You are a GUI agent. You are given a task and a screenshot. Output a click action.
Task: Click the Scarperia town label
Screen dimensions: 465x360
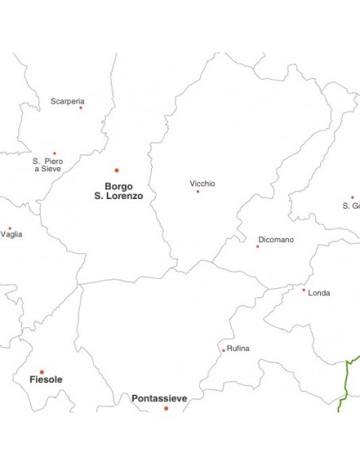pos(67,101)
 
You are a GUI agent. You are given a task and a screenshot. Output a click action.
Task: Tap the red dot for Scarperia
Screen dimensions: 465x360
pos(80,107)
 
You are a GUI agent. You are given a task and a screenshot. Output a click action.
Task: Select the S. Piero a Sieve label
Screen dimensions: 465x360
pos(48,165)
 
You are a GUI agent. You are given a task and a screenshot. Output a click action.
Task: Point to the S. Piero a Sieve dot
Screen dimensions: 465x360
pos(55,154)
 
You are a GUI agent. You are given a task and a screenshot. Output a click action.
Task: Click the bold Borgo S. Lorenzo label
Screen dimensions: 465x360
pos(119,191)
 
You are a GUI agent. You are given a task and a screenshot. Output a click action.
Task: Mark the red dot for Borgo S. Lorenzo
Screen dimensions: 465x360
pos(116,170)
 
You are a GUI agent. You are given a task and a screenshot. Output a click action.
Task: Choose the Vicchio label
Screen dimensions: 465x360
pos(202,184)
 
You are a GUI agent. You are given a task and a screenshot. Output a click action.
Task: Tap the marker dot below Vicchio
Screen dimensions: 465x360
pos(198,192)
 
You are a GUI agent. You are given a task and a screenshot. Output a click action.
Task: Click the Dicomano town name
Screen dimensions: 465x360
pos(276,240)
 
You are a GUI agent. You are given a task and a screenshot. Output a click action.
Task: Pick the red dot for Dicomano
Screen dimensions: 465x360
pos(257,247)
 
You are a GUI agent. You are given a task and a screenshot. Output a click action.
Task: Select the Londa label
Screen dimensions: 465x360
pos(319,293)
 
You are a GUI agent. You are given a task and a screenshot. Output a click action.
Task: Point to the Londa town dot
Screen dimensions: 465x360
pos(303,290)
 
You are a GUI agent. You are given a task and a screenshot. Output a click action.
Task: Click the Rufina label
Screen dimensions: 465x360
pos(238,349)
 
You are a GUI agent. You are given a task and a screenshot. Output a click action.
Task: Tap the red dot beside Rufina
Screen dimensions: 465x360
pos(224,350)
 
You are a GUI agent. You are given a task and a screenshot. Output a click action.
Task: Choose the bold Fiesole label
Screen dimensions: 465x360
pos(45,380)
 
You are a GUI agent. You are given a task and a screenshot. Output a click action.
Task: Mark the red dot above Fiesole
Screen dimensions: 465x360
pos(41,372)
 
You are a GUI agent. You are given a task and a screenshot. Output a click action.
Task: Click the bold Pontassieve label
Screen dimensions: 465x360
pos(159,398)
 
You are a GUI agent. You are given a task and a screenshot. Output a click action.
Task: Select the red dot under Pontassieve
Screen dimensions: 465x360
pos(166,408)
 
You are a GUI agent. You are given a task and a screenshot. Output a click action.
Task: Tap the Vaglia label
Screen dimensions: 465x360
pos(12,234)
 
